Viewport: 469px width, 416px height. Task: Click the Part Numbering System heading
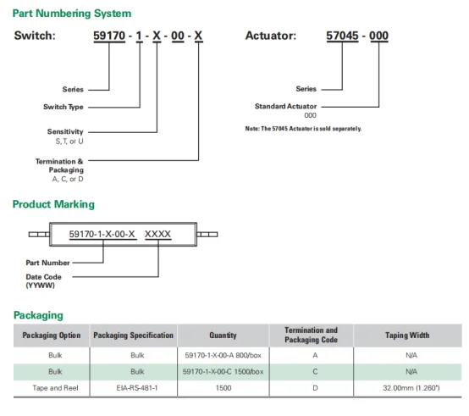tap(72, 14)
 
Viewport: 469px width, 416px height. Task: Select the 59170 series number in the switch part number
tap(109, 36)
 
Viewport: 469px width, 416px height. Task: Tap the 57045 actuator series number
tap(342, 36)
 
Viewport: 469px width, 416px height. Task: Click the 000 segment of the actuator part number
tap(378, 36)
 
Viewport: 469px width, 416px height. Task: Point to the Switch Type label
tap(63, 107)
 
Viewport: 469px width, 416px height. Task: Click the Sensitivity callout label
tap(65, 131)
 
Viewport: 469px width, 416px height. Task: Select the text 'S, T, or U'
tap(69, 141)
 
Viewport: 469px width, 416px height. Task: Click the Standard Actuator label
tap(285, 106)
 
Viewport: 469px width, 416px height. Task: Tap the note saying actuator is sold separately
tap(303, 129)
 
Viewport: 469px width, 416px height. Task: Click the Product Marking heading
tap(53, 204)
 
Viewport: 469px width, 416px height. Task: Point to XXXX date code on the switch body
tap(158, 234)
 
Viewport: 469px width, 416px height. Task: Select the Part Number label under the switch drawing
tap(47, 263)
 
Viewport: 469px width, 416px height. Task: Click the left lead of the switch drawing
tap(39, 235)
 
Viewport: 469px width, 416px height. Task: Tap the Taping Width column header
tap(407, 336)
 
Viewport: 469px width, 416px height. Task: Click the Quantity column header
tap(223, 336)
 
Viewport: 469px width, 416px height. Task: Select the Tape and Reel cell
tap(55, 388)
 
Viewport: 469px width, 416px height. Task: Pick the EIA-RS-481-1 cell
tap(137, 388)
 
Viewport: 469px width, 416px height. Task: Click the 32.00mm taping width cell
tap(411, 388)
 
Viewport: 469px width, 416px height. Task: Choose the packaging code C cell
tap(315, 372)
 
